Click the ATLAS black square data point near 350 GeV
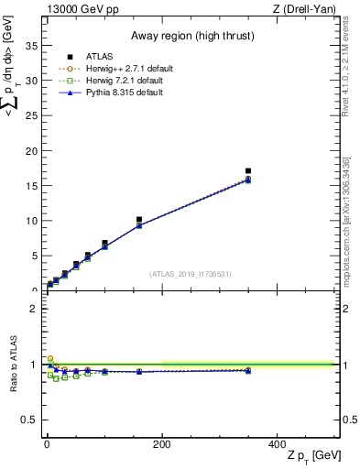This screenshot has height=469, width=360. click(x=248, y=171)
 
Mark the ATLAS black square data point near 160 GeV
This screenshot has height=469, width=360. click(x=138, y=220)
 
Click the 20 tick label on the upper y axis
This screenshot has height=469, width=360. click(x=33, y=151)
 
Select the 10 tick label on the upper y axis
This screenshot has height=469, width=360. click(x=33, y=221)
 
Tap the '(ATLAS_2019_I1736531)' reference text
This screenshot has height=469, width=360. click(x=190, y=274)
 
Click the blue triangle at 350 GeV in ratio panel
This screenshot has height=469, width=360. click(x=248, y=370)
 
